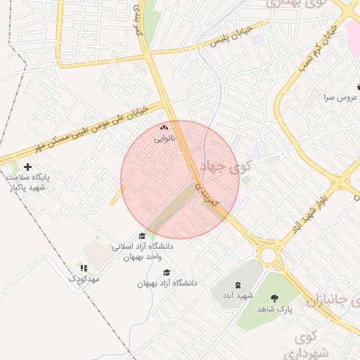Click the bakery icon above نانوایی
(x=164, y=128)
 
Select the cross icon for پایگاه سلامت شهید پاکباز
(x=27, y=167)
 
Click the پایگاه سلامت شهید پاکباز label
(x=27, y=182)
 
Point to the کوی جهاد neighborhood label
(x=225, y=167)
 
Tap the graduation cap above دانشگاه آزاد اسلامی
(x=142, y=236)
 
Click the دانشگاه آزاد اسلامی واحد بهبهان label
(x=142, y=252)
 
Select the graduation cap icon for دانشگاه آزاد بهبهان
(x=167, y=273)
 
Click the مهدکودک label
(x=84, y=279)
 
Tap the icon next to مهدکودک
(x=84, y=268)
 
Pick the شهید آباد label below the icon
(x=237, y=296)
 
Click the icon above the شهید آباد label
(x=237, y=285)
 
